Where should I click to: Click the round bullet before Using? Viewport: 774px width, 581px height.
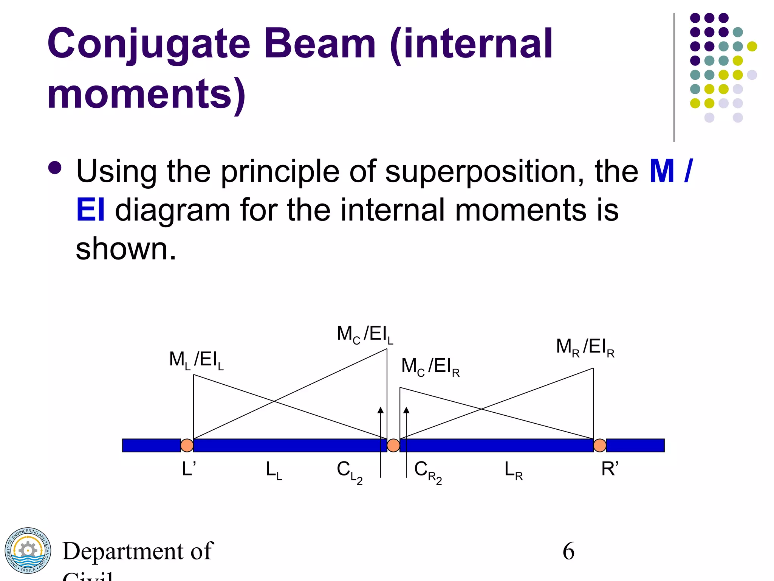tap(55, 168)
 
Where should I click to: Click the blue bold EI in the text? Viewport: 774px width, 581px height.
tap(90, 210)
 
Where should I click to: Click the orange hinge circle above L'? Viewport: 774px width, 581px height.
tap(187, 445)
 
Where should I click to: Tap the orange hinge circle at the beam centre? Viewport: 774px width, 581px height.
tap(393, 445)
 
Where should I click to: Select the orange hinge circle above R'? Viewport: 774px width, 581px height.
tap(600, 445)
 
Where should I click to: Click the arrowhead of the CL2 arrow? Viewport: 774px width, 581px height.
tap(381, 410)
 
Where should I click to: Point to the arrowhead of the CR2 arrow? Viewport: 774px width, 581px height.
tap(406, 410)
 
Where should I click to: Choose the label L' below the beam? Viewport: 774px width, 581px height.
tap(189, 469)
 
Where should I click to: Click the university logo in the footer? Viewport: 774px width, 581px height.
tap(28, 550)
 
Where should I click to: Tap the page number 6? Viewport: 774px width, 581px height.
tap(568, 551)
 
